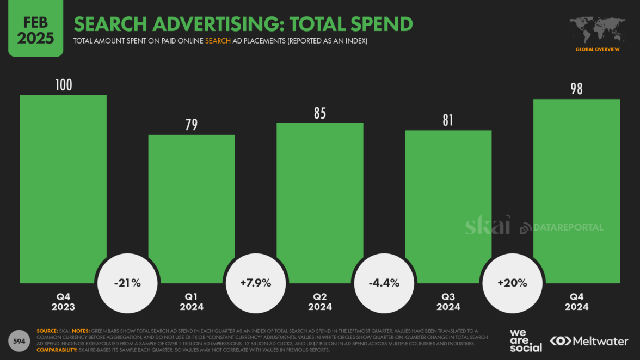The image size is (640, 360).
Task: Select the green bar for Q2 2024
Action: (x=320, y=190)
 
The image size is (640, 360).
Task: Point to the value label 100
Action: (x=63, y=85)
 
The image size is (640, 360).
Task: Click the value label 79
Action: (x=191, y=125)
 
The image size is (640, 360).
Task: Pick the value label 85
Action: (x=320, y=114)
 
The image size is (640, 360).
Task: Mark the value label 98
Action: (x=576, y=89)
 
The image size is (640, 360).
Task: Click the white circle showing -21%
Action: (x=127, y=283)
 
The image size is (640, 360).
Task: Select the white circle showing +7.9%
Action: (x=255, y=283)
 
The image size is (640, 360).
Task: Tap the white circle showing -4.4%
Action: (x=384, y=283)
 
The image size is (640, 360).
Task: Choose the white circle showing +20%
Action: (x=512, y=283)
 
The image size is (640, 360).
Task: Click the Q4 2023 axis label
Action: (x=63, y=302)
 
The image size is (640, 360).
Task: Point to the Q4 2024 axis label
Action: (x=576, y=302)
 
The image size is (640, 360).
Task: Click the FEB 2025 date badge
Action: (x=36, y=30)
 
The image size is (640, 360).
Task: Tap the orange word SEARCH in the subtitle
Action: (x=217, y=41)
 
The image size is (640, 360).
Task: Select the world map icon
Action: (x=597, y=29)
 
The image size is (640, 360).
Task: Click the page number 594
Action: (x=19, y=341)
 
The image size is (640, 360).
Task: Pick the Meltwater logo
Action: (x=589, y=342)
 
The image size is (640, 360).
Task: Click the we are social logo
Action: (x=525, y=340)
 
